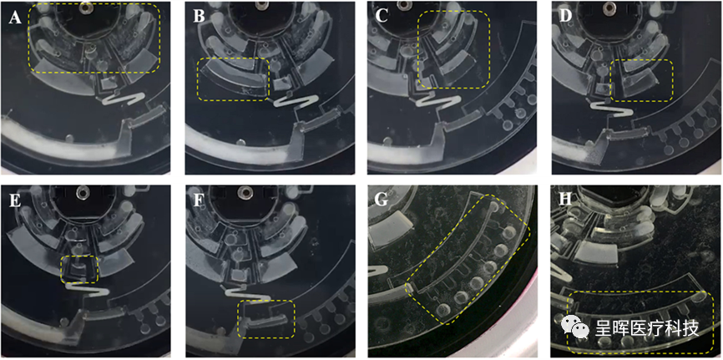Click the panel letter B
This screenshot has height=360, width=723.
click(199, 17)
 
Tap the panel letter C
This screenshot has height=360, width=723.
click(382, 17)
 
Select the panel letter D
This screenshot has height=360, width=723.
click(564, 17)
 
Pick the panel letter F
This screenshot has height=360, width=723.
click(198, 201)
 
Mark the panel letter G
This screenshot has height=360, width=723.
click(382, 201)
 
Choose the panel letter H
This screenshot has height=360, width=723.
click(564, 201)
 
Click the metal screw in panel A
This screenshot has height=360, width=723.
click(84, 7)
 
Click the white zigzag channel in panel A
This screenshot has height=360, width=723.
click(123, 99)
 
